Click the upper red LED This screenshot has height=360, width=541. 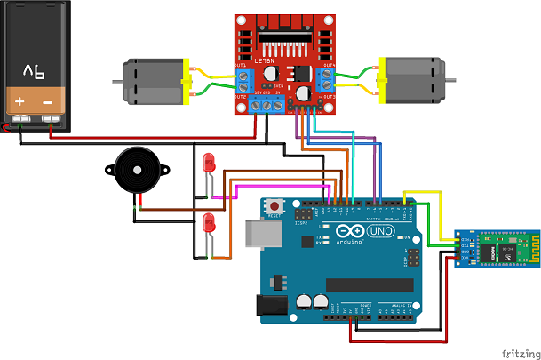tap(210, 163)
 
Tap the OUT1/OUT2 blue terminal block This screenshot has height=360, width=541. tap(242, 80)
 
